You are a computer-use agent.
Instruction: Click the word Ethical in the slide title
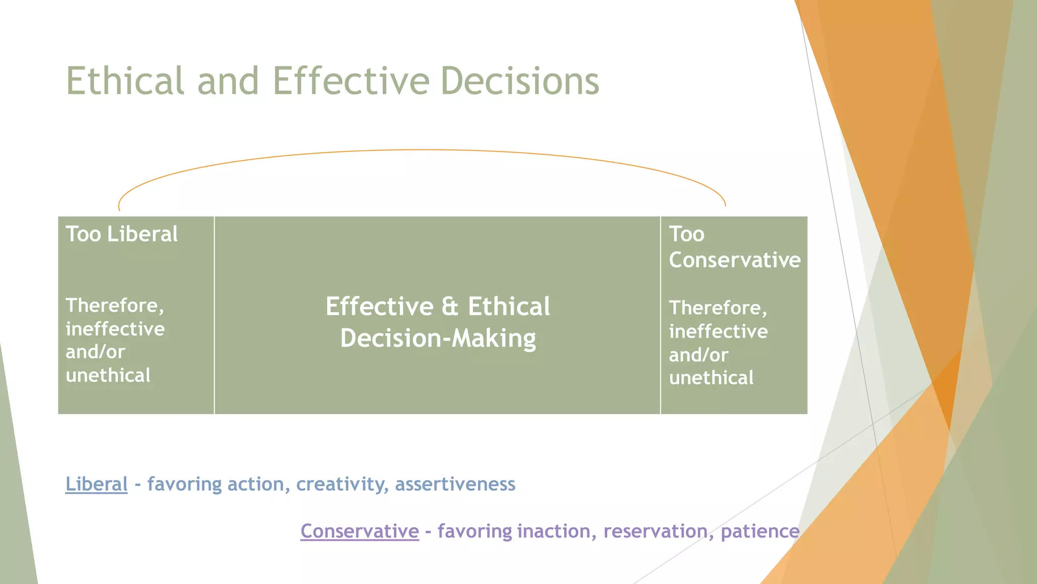(x=125, y=81)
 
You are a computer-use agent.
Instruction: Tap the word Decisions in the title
(x=520, y=81)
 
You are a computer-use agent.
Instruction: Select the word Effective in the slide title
(x=351, y=81)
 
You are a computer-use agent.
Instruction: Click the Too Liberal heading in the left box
(x=122, y=234)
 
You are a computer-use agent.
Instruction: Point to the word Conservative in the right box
(x=734, y=260)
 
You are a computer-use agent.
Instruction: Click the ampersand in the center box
(x=450, y=307)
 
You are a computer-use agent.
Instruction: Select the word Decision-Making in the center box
(x=438, y=339)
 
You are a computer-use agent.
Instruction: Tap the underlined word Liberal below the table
(x=96, y=484)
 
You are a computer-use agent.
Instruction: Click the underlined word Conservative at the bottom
(x=360, y=531)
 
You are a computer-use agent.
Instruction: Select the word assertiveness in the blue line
(x=455, y=484)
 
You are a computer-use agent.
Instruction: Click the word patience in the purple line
(x=760, y=531)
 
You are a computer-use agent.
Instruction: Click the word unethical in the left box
(x=108, y=376)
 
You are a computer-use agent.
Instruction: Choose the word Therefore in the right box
(x=717, y=308)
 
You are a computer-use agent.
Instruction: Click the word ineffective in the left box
(x=115, y=329)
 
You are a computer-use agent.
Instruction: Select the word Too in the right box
(x=686, y=234)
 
